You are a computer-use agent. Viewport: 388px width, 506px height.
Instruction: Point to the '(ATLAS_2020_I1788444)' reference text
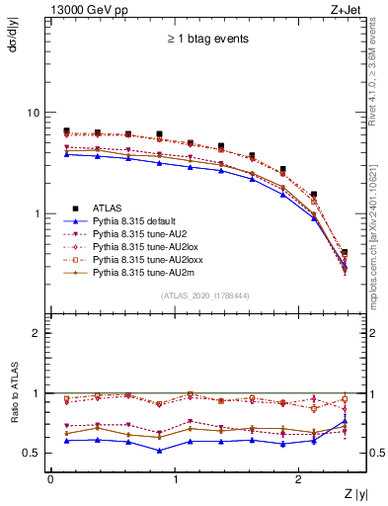tap(204, 295)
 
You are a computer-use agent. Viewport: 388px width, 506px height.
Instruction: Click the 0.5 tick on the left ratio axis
tap(34, 453)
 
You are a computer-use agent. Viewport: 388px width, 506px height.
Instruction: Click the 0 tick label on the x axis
tap(50, 478)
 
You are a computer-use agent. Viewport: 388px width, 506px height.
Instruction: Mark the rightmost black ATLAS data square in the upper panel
tap(345, 253)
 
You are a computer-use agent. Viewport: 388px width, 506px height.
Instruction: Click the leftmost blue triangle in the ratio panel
tap(66, 441)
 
